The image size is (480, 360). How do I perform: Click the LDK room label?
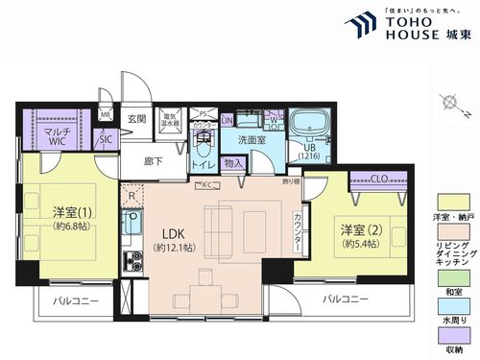tap(173, 233)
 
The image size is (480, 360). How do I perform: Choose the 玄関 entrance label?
tap(136, 119)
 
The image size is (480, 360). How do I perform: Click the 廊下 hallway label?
tap(153, 161)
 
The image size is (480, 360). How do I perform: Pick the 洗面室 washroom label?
tap(252, 139)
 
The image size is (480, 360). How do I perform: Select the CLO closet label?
tap(379, 178)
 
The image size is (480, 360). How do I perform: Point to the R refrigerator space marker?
tap(131, 193)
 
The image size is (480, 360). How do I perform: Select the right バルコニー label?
tap(345, 299)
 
